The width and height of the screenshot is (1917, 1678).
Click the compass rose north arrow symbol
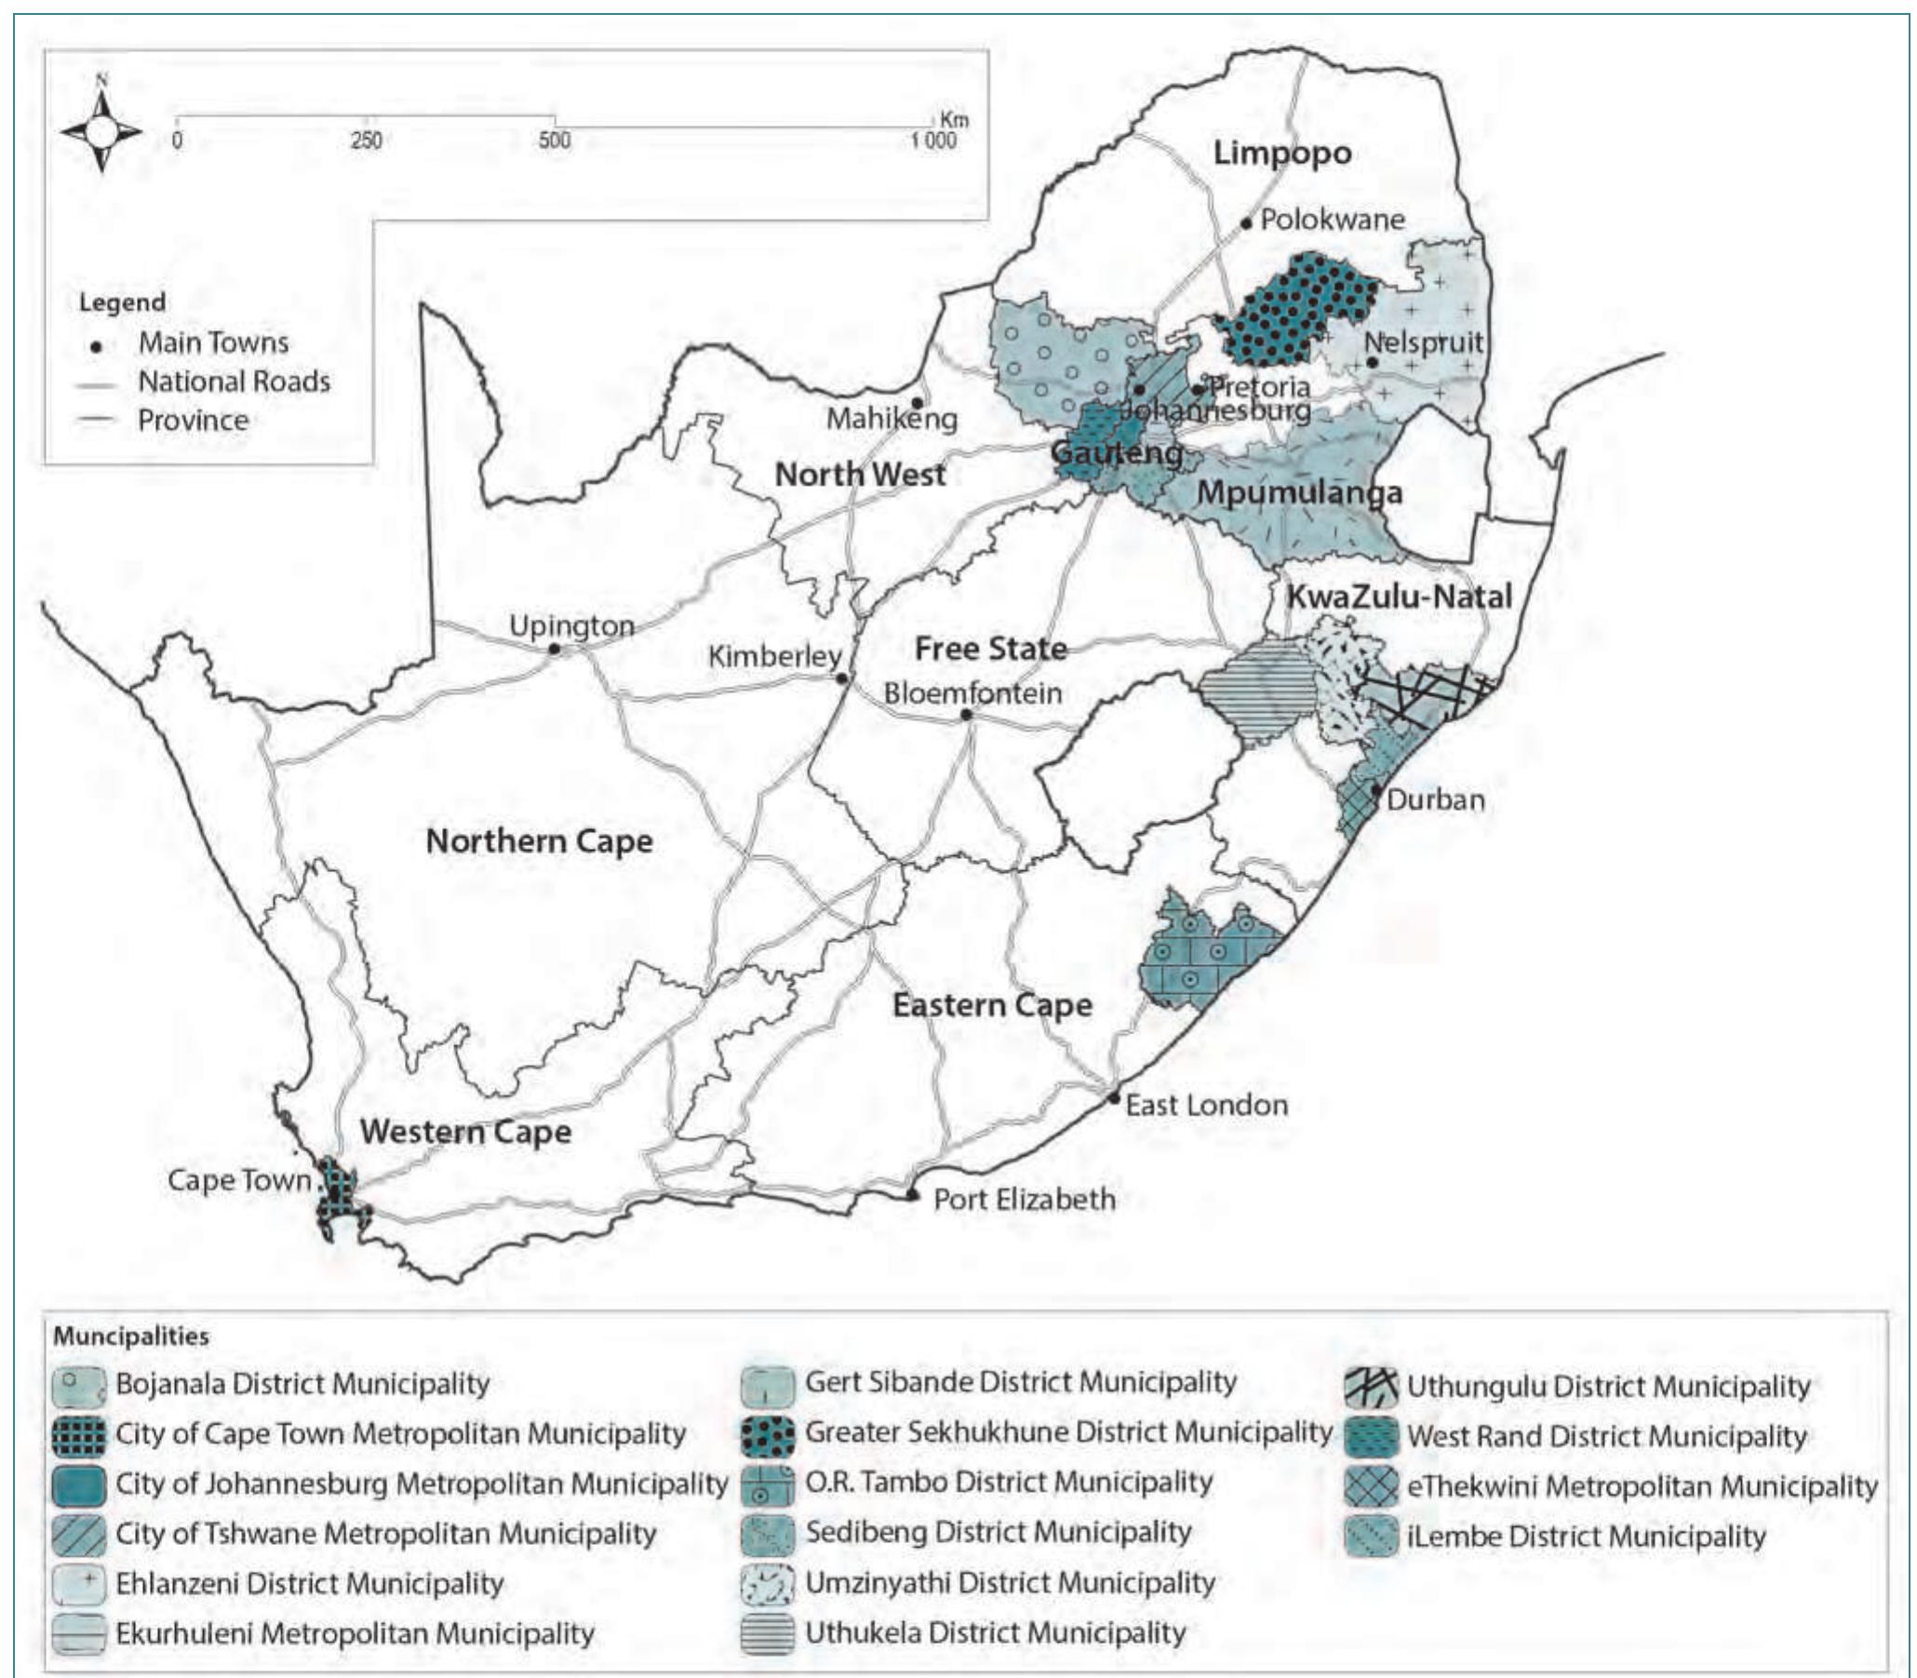(x=102, y=130)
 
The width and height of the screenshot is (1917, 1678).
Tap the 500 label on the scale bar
(x=554, y=141)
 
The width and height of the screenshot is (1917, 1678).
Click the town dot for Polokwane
(x=1247, y=222)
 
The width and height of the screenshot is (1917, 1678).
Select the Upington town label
(x=571, y=625)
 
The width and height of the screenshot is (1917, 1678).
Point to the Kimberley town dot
(x=841, y=678)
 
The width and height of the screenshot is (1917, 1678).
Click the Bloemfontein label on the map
(x=972, y=694)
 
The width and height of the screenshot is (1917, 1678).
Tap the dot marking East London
(x=1114, y=1097)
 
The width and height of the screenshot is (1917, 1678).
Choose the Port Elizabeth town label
(x=1024, y=1200)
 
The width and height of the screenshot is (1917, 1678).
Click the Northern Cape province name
(x=539, y=841)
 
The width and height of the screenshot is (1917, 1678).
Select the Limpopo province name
(x=1281, y=153)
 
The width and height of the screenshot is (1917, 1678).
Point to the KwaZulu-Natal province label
(x=1400, y=597)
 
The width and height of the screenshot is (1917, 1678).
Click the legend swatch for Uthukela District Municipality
(x=768, y=1632)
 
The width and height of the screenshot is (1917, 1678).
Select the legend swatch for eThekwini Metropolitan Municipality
(x=1372, y=1486)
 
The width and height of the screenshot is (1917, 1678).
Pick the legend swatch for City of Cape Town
(x=78, y=1434)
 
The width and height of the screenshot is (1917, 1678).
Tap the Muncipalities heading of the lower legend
(x=131, y=1336)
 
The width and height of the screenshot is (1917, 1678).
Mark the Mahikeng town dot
(x=918, y=403)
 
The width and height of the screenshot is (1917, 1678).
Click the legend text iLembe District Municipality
(x=1586, y=1537)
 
